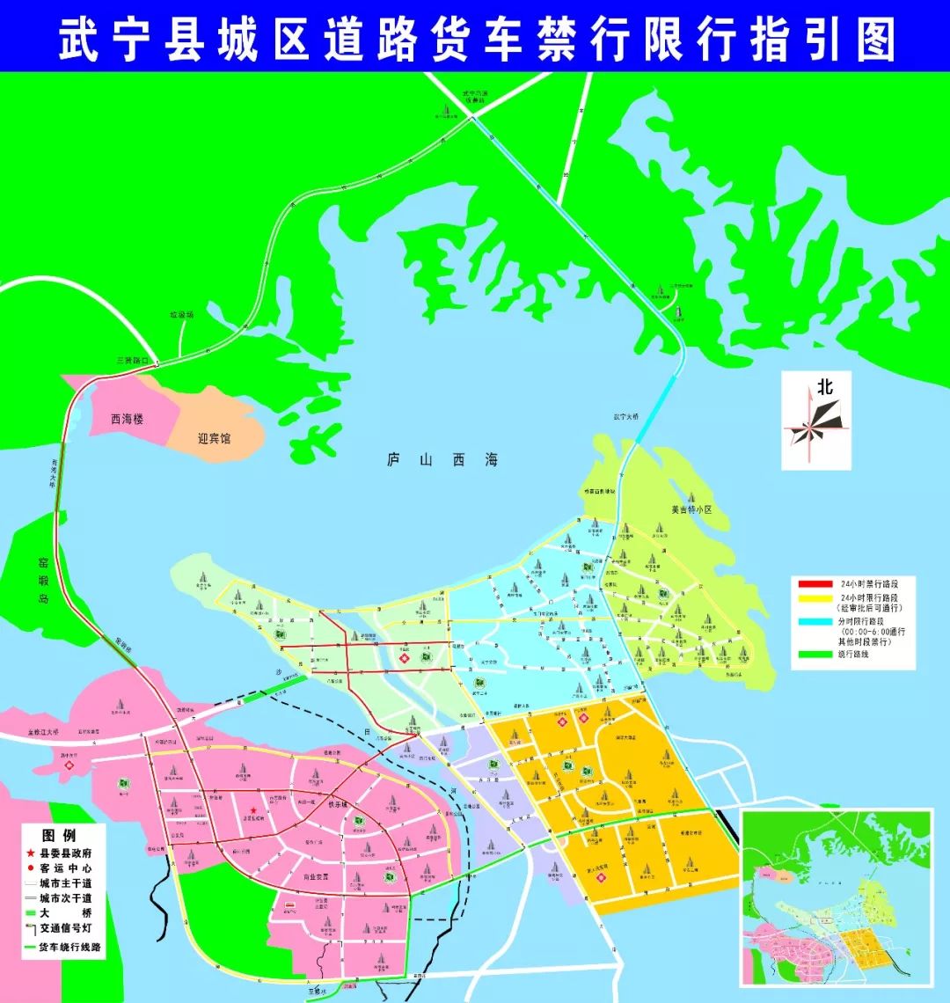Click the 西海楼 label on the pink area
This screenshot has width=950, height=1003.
[x=128, y=419]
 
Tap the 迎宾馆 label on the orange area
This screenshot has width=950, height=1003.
[x=214, y=437]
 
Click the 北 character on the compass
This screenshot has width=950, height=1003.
[x=824, y=386]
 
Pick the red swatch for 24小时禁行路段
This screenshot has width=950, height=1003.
[x=815, y=583]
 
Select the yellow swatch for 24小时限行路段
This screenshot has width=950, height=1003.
[x=815, y=599]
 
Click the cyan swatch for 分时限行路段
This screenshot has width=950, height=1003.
[x=815, y=621]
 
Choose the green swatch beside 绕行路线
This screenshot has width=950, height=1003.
[x=815, y=654]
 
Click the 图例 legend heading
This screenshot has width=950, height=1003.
[x=59, y=835]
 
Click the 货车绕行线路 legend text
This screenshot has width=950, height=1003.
[x=71, y=948]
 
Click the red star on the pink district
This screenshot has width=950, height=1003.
[x=252, y=810]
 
